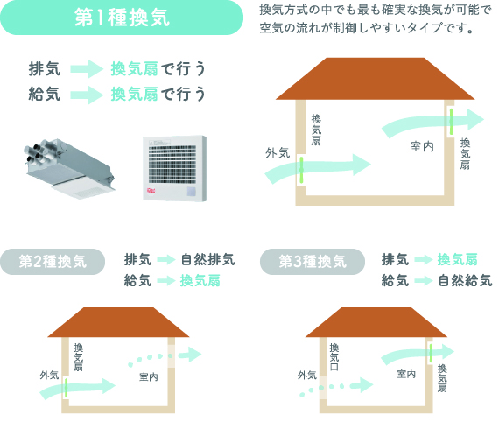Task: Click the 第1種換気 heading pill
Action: pos(122,18)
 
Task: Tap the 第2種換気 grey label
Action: pos(53,262)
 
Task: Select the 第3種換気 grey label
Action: pos(313,262)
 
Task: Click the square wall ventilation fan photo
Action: pos(175,168)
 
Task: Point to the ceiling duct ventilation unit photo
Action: pos(69,168)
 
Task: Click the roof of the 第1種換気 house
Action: pos(375,79)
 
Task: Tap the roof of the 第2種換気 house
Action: pos(118,322)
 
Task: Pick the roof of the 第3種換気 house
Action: pos(376,322)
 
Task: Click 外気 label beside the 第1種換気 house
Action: pos(278,153)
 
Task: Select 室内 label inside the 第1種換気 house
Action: pos(422,147)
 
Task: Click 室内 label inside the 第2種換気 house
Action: pos(149,377)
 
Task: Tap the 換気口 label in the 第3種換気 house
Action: pos(334,356)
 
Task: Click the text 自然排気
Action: pos(208,259)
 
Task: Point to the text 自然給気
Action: pos(465,281)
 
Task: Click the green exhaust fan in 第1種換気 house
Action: pos(451,121)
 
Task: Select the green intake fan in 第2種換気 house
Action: pos(67,387)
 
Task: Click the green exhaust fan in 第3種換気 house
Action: pos(431,353)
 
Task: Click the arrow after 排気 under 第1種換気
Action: pos(87,69)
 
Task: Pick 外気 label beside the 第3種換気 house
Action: pos(307,376)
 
